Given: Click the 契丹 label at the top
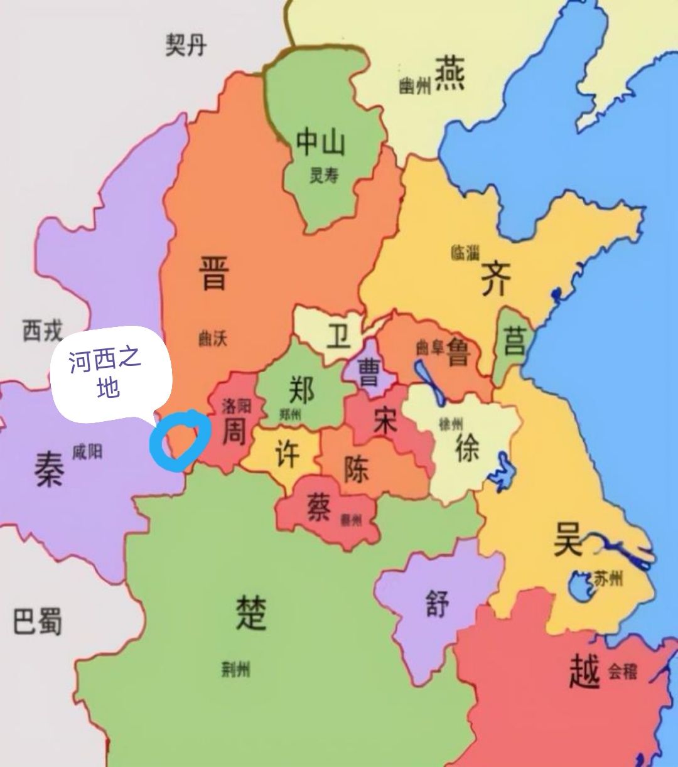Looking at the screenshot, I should [186, 45].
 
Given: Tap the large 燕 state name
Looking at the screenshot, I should [450, 73].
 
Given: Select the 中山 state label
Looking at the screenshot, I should [321, 142].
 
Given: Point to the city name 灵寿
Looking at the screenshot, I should [324, 176].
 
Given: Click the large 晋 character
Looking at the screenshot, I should [213, 272].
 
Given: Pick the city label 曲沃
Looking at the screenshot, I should [213, 339].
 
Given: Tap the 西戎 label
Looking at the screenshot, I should [43, 330].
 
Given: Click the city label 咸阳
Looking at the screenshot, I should [87, 451].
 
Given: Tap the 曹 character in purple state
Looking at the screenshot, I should [369, 372].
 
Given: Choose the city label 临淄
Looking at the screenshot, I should [465, 253].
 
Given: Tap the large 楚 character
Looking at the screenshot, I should [250, 612].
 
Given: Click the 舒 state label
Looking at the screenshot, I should [438, 604].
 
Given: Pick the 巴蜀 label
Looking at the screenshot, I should [38, 621].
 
